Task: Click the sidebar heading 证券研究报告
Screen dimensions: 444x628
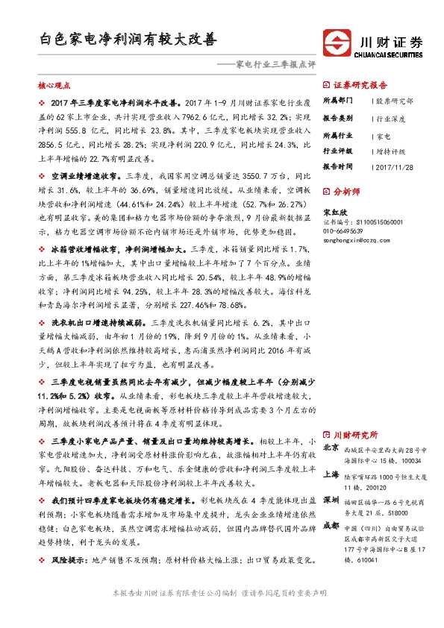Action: (360, 84)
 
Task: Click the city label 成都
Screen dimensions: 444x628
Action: (332, 526)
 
